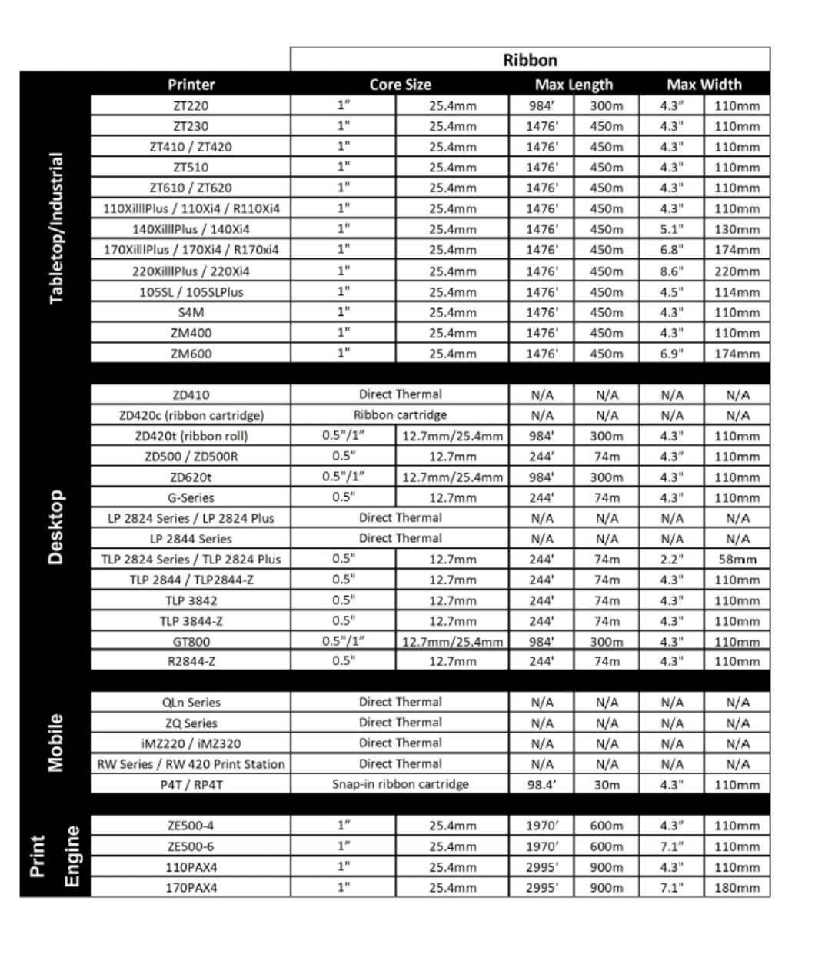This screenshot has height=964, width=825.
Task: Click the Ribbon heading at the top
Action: [x=530, y=60]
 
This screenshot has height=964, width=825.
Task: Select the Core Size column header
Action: [x=400, y=85]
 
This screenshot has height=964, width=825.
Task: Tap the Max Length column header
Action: [x=574, y=85]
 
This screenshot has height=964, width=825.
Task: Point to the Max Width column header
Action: [x=704, y=85]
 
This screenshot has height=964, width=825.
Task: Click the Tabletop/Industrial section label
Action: [x=55, y=228]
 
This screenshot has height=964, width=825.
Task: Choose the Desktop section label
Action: [x=55, y=527]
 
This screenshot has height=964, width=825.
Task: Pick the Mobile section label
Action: [x=55, y=743]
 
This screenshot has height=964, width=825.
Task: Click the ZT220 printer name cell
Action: [x=191, y=106]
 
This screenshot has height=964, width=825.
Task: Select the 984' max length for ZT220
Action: [x=541, y=106]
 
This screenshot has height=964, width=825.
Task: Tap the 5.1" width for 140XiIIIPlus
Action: [x=671, y=229]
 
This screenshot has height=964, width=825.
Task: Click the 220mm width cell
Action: [x=737, y=271]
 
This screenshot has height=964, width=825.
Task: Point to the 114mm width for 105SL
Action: [x=737, y=292]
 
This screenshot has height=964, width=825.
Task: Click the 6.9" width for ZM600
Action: [x=671, y=354]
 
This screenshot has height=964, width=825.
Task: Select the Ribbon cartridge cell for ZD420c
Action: [x=400, y=415]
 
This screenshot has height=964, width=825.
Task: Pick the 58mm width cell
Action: [x=737, y=560]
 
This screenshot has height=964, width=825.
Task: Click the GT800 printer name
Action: [x=191, y=642]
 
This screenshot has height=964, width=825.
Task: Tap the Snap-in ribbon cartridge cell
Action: [x=400, y=785]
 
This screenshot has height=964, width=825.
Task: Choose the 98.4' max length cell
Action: [x=541, y=785]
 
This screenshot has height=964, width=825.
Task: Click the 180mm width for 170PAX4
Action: [x=737, y=888]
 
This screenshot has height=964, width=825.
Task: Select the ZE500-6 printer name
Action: [x=191, y=846]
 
